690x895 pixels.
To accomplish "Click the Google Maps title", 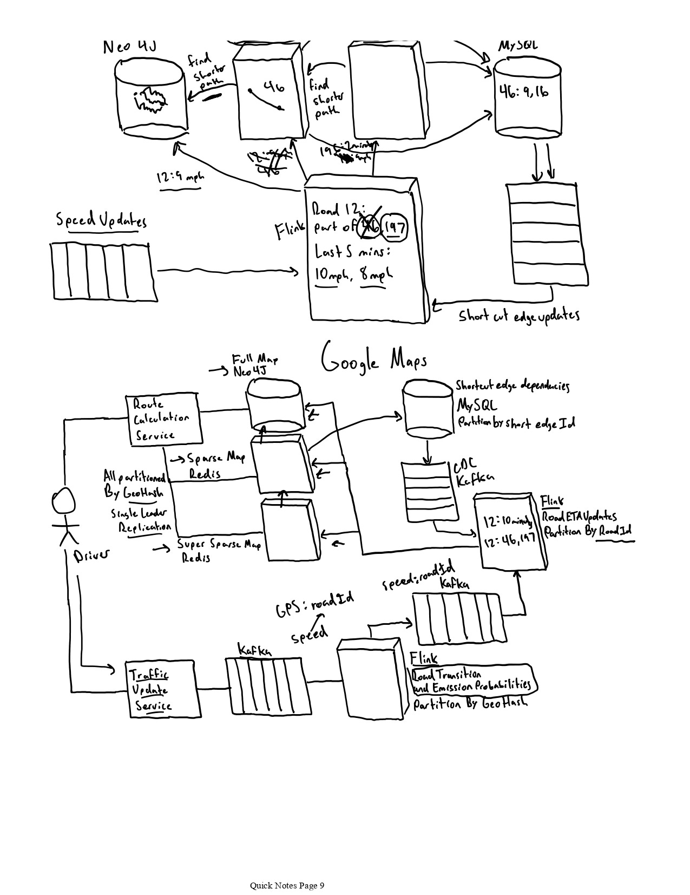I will (x=374, y=359).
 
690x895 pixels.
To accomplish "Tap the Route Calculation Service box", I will (x=163, y=419).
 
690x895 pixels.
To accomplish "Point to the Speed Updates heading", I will (x=101, y=220).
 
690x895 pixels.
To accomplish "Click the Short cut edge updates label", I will (x=518, y=316).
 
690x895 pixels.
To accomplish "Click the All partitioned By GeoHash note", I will (x=134, y=484).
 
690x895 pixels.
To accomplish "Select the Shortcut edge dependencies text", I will (x=511, y=386).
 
